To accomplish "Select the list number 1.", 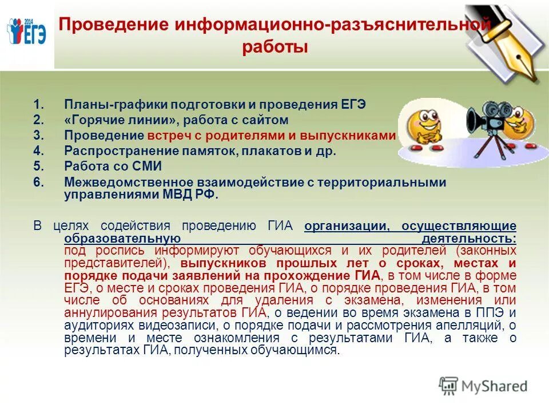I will click(x=38, y=105).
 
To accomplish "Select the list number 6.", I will click(x=38, y=182).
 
